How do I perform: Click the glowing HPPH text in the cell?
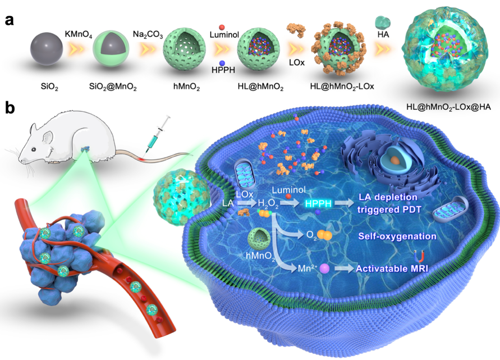(319, 203)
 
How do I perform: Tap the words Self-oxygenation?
(397, 236)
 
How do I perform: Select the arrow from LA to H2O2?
(245, 204)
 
